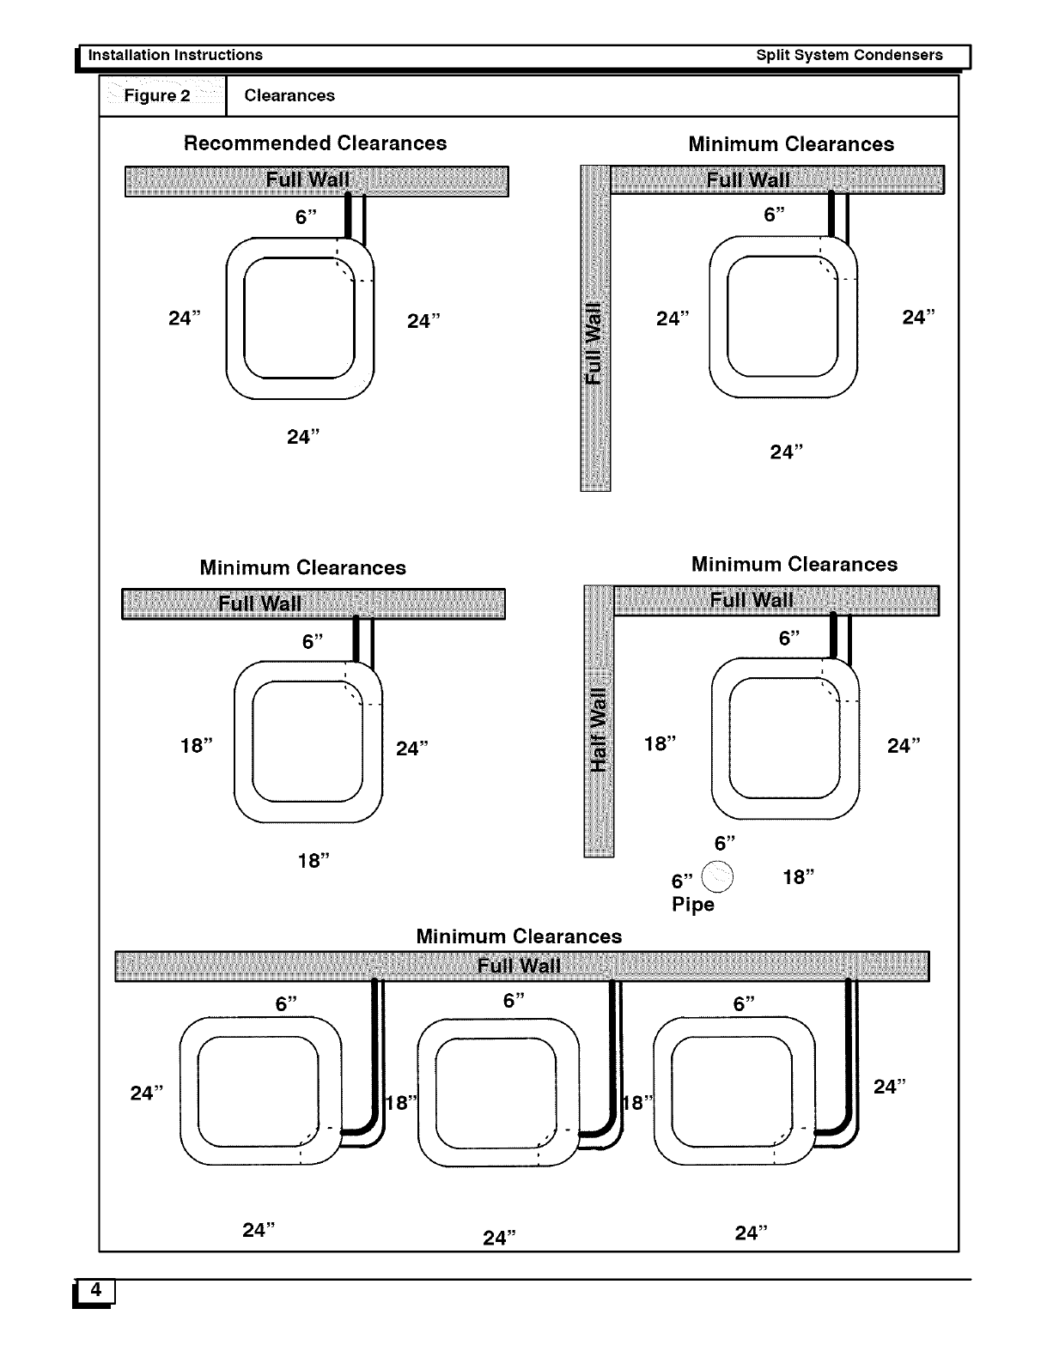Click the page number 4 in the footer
click(96, 1289)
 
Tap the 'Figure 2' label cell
click(157, 95)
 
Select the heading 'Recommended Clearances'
click(315, 143)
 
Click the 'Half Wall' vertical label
click(600, 729)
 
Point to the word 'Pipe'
click(693, 905)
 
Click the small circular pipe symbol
click(718, 875)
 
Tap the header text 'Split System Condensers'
click(849, 55)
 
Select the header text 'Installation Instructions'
click(176, 55)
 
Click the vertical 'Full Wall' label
click(594, 342)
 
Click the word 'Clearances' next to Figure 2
click(289, 95)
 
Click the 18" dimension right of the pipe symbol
click(799, 876)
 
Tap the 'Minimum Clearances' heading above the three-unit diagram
click(519, 936)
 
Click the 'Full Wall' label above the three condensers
click(519, 966)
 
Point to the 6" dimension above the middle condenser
click(514, 1001)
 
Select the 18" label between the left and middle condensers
click(400, 1103)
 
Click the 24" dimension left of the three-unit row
click(146, 1093)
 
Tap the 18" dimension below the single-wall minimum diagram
click(314, 860)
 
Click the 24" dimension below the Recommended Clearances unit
click(303, 437)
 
